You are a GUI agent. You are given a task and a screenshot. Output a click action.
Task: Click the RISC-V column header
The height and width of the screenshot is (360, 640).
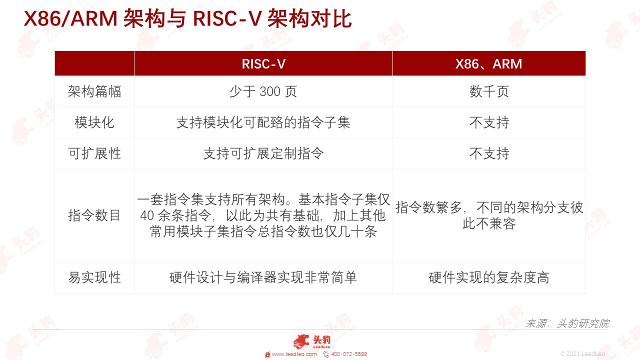pyautogui.click(x=263, y=63)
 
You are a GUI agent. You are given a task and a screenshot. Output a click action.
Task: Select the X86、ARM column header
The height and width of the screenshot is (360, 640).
pyautogui.click(x=488, y=63)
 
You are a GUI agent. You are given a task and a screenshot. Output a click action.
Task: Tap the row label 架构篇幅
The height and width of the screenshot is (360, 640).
pyautogui.click(x=94, y=91)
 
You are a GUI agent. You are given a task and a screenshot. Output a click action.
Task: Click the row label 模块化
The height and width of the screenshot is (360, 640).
pyautogui.click(x=94, y=122)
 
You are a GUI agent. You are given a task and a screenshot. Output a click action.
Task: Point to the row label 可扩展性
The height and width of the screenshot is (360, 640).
pyautogui.click(x=94, y=153)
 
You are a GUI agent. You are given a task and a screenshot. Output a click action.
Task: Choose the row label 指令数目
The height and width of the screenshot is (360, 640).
pyautogui.click(x=94, y=215)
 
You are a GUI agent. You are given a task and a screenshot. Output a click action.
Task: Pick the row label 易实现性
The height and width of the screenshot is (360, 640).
pyautogui.click(x=94, y=277)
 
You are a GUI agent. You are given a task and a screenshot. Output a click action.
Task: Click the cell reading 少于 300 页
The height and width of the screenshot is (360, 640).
pyautogui.click(x=263, y=91)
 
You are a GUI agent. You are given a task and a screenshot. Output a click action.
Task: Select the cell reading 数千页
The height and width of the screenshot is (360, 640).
pyautogui.click(x=489, y=91)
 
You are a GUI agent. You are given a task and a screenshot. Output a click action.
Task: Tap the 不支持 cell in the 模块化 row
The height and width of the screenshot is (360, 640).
pyautogui.click(x=489, y=122)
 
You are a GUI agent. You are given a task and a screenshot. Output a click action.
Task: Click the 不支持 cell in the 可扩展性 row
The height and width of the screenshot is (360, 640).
pyautogui.click(x=489, y=153)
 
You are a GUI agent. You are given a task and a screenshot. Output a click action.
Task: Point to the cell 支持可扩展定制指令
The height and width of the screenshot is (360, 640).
pyautogui.click(x=263, y=153)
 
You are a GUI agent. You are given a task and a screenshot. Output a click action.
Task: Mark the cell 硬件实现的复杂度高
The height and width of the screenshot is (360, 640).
pyautogui.click(x=489, y=277)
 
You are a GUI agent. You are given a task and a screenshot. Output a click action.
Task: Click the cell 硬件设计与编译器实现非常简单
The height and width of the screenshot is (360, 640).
pyautogui.click(x=263, y=277)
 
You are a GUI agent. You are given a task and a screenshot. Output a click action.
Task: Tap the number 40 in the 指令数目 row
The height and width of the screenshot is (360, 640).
pyautogui.click(x=147, y=215)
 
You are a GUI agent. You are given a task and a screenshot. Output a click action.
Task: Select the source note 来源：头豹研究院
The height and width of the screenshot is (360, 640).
pyautogui.click(x=567, y=323)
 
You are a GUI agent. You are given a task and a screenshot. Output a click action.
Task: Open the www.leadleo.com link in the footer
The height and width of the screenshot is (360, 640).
pyautogui.click(x=294, y=354)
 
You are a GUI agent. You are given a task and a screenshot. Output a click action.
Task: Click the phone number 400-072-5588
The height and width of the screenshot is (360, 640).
pyautogui.click(x=349, y=354)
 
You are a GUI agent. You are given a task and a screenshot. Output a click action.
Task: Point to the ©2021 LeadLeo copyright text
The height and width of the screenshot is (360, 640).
pyautogui.click(x=582, y=354)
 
